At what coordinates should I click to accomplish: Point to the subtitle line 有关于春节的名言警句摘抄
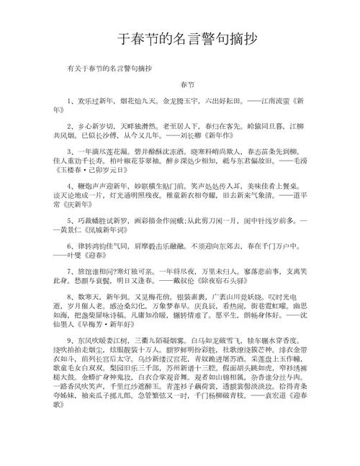pyautogui.click(x=112, y=68)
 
